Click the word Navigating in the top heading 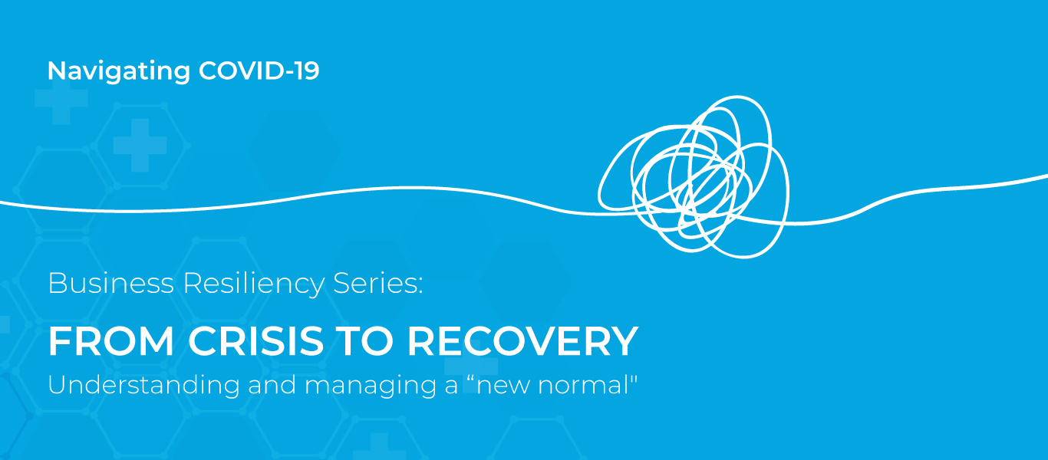click(119, 71)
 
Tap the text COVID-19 click(259, 71)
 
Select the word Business click(111, 283)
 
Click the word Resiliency click(254, 284)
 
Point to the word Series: click(378, 283)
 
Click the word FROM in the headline click(111, 341)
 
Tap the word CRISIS click(255, 341)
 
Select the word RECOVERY click(522, 341)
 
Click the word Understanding click(143, 386)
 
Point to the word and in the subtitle click(272, 385)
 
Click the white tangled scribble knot click(694, 176)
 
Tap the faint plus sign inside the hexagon click(140, 146)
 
